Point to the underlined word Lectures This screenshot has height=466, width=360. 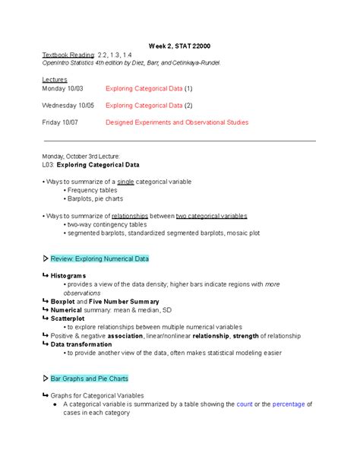point(55,79)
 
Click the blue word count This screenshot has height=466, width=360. point(244,404)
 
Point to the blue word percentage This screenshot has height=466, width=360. point(288,404)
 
